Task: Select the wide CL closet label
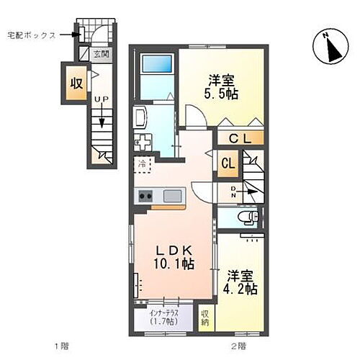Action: [x=240, y=140]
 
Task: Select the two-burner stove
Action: [x=145, y=196]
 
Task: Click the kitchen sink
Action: [x=174, y=196]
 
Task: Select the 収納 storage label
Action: [x=206, y=318]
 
